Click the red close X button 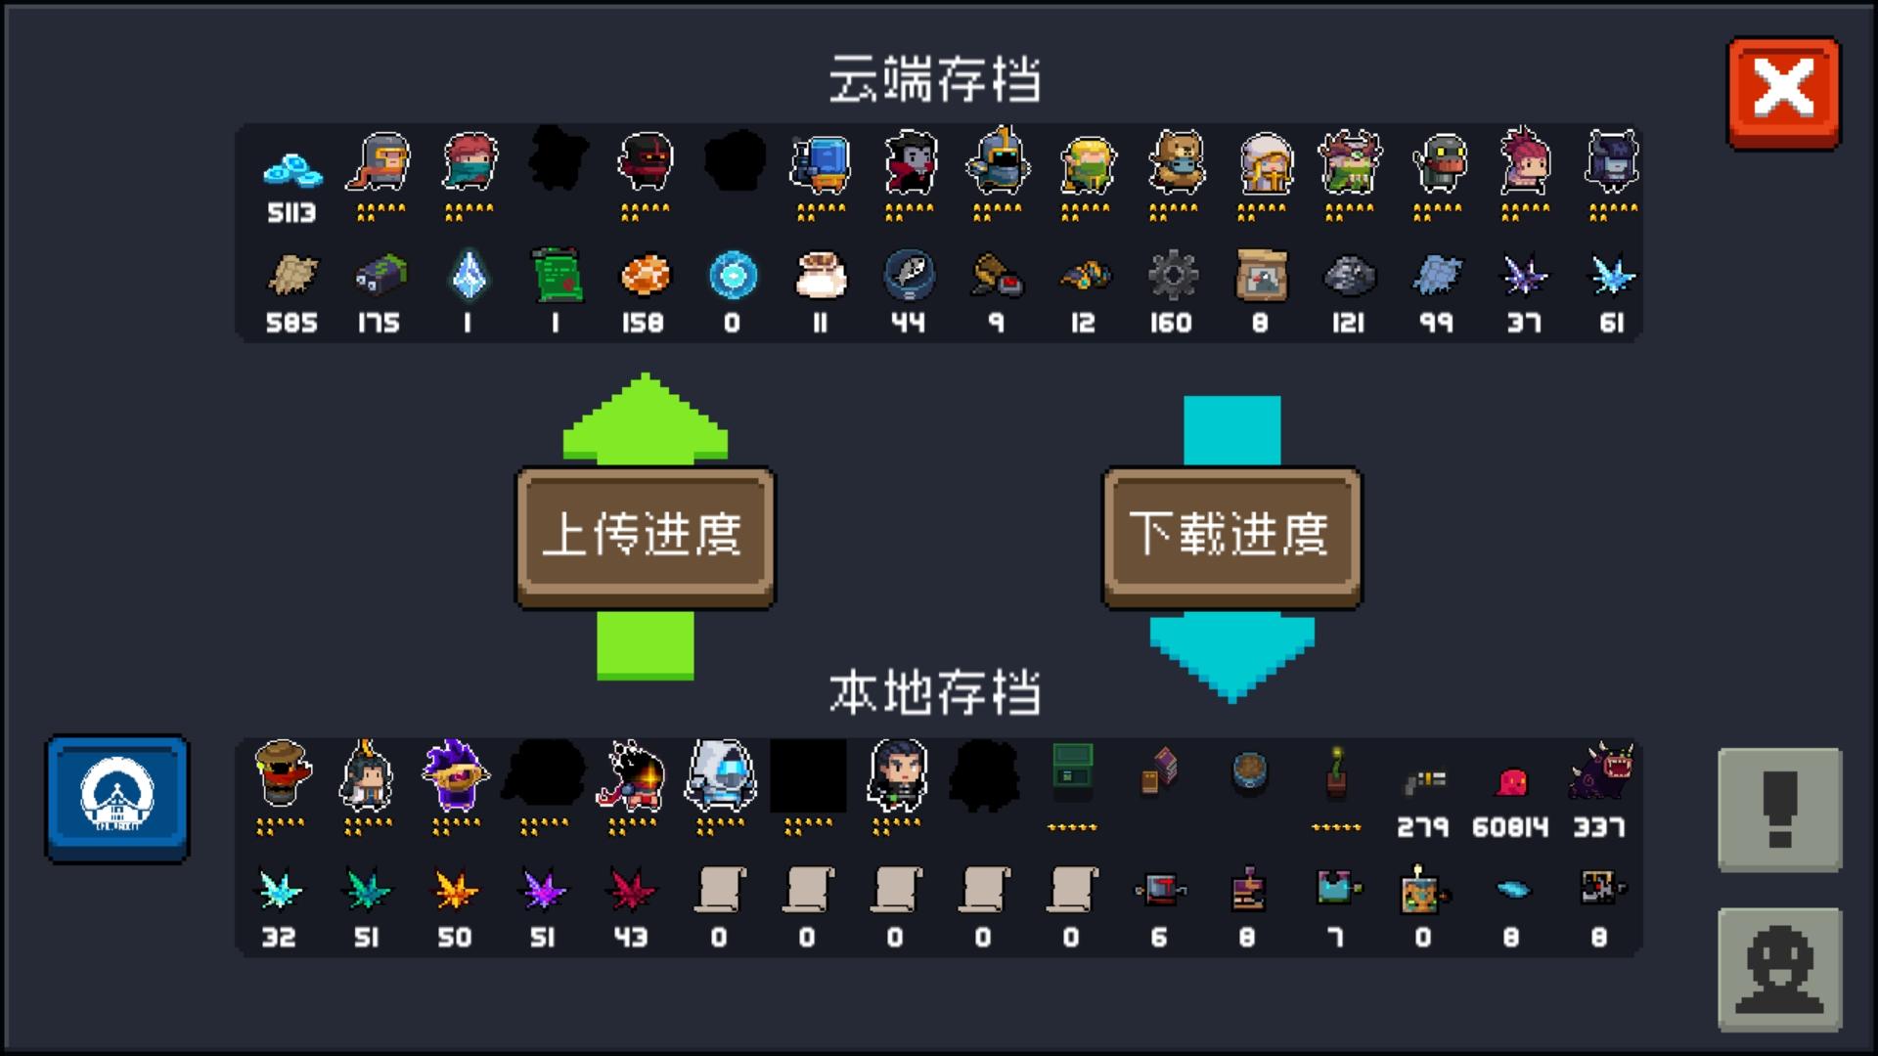pyautogui.click(x=1783, y=92)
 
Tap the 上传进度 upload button pyautogui.click(x=645, y=536)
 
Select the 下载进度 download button pyautogui.click(x=1231, y=536)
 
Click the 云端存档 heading pyautogui.click(x=934, y=79)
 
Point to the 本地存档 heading pyautogui.click(x=934, y=693)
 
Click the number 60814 pyautogui.click(x=1510, y=827)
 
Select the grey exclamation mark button pyautogui.click(x=1779, y=810)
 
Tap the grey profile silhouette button pyautogui.click(x=1779, y=969)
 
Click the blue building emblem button pyautogui.click(x=117, y=798)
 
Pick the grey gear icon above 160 pyautogui.click(x=1172, y=276)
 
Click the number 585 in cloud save pyautogui.click(x=291, y=323)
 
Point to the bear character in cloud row pyautogui.click(x=1174, y=162)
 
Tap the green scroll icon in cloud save pyautogui.click(x=557, y=276)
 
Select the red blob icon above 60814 pyautogui.click(x=1511, y=782)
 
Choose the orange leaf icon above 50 pyautogui.click(x=455, y=889)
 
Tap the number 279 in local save pyautogui.click(x=1422, y=827)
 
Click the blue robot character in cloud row pyautogui.click(x=821, y=162)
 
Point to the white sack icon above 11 pyautogui.click(x=820, y=276)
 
